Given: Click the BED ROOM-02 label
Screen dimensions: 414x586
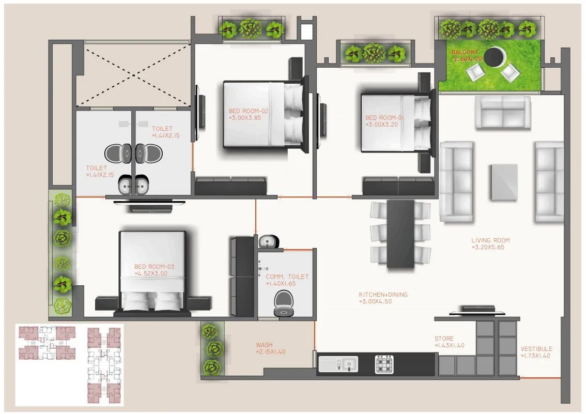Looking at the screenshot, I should (248, 111).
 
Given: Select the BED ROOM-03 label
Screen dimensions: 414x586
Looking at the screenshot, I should (154, 267).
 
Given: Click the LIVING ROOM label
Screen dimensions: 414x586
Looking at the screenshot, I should (490, 240).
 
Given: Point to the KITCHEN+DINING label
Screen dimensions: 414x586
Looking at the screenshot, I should (383, 295).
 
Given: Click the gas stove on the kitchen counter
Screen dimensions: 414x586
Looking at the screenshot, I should (383, 364).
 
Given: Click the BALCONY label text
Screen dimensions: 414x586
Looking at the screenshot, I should (465, 53).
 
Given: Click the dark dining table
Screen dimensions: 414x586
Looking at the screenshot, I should (400, 233).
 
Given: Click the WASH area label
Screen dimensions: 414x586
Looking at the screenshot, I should (264, 345).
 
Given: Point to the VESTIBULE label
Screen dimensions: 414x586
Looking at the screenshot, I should (536, 349).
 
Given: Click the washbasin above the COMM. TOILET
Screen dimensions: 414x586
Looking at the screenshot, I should (268, 241).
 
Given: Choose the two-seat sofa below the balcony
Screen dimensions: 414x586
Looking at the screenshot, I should (502, 112).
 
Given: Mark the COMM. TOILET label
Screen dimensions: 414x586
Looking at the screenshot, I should (287, 277).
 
